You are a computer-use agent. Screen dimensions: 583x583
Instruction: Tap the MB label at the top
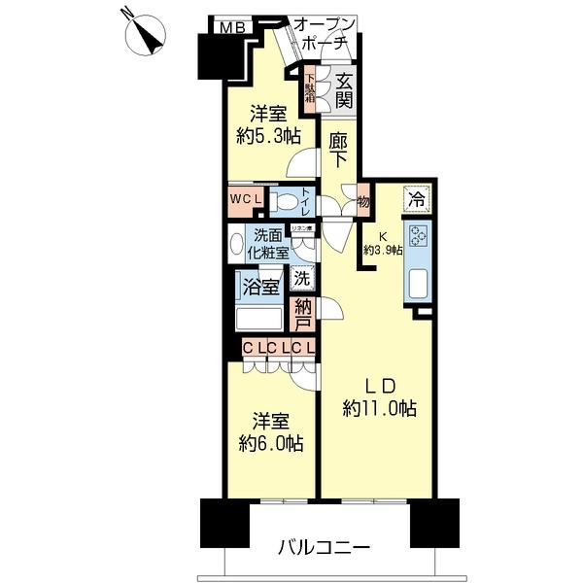231,26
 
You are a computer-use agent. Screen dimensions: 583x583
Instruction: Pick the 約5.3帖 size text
262,136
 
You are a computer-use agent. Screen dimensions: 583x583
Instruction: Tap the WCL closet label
246,200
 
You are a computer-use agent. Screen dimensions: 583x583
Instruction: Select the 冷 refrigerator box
416,201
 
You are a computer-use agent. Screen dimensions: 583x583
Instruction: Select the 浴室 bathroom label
262,288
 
